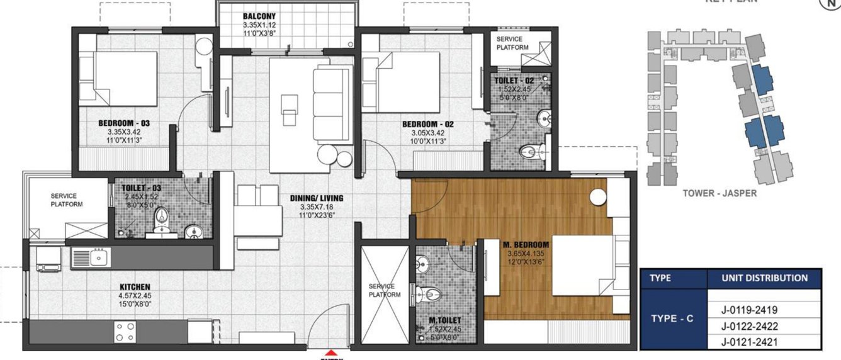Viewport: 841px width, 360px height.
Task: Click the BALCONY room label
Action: coord(259,16)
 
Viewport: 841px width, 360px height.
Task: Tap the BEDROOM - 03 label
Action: coord(123,123)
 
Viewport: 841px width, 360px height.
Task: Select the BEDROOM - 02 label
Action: coord(428,124)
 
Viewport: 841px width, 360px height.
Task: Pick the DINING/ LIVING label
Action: coord(317,198)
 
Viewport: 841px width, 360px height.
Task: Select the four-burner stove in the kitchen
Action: coord(125,332)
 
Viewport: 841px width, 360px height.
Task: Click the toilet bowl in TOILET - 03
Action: coord(161,220)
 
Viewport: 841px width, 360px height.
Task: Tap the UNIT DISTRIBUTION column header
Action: coord(765,278)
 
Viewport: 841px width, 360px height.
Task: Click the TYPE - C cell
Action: coord(671,318)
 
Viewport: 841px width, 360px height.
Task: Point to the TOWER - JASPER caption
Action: coord(720,193)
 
